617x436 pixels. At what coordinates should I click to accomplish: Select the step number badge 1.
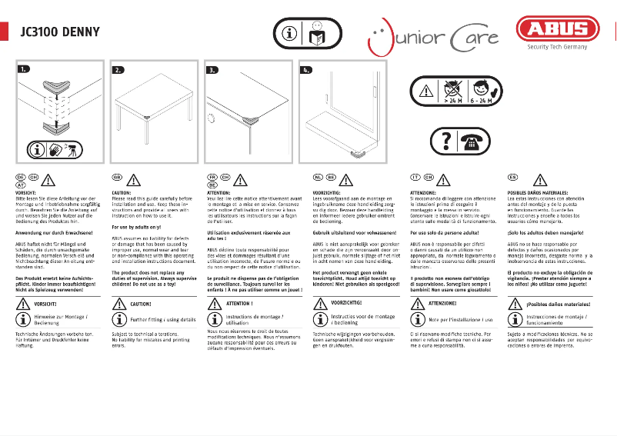click(x=25, y=70)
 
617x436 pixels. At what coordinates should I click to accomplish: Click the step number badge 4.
click(x=307, y=70)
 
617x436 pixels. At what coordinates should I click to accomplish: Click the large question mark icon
click(x=443, y=141)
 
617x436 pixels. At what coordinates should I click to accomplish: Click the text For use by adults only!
click(x=136, y=228)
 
